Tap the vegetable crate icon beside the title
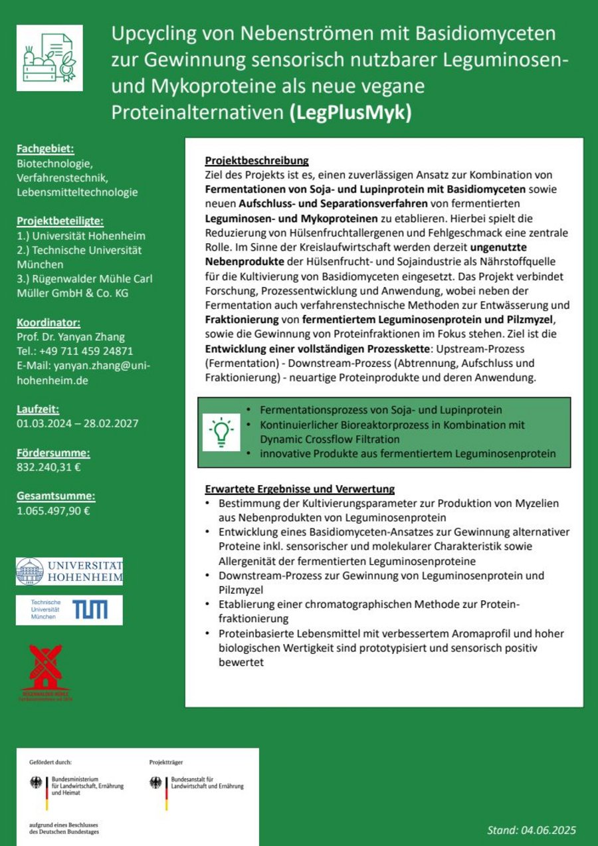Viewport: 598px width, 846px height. [x=49, y=58]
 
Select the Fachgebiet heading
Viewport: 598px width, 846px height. [x=46, y=149]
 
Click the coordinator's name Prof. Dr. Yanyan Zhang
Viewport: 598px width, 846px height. [x=71, y=337]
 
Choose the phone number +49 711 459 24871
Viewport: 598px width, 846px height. [x=75, y=352]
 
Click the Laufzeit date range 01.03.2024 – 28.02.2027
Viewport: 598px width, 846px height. [x=78, y=423]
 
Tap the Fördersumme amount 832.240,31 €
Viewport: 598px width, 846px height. [x=49, y=467]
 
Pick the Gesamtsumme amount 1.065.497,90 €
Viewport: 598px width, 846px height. [x=54, y=511]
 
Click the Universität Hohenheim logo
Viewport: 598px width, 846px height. [x=70, y=572]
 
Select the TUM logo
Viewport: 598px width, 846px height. [x=70, y=609]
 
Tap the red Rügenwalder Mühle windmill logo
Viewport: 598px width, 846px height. [x=46, y=671]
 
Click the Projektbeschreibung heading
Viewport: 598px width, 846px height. [x=256, y=161]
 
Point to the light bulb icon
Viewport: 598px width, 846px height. [x=222, y=433]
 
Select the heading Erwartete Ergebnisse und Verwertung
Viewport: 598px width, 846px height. [x=300, y=489]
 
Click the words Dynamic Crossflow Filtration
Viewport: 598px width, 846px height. [x=330, y=439]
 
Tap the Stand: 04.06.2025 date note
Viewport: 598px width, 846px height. [x=532, y=830]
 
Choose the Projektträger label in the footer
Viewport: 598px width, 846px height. [x=166, y=762]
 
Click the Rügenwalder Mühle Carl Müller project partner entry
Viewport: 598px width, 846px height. [x=84, y=286]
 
